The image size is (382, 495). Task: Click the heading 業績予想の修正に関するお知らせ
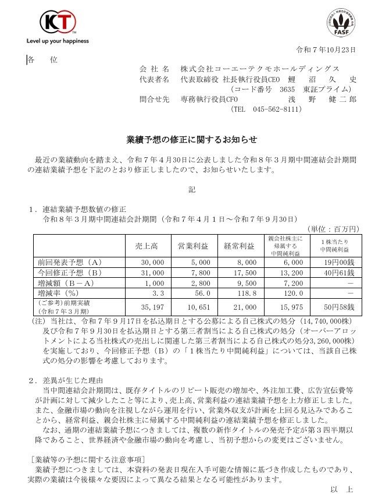[191, 140]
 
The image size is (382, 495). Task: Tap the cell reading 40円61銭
[333, 272]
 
